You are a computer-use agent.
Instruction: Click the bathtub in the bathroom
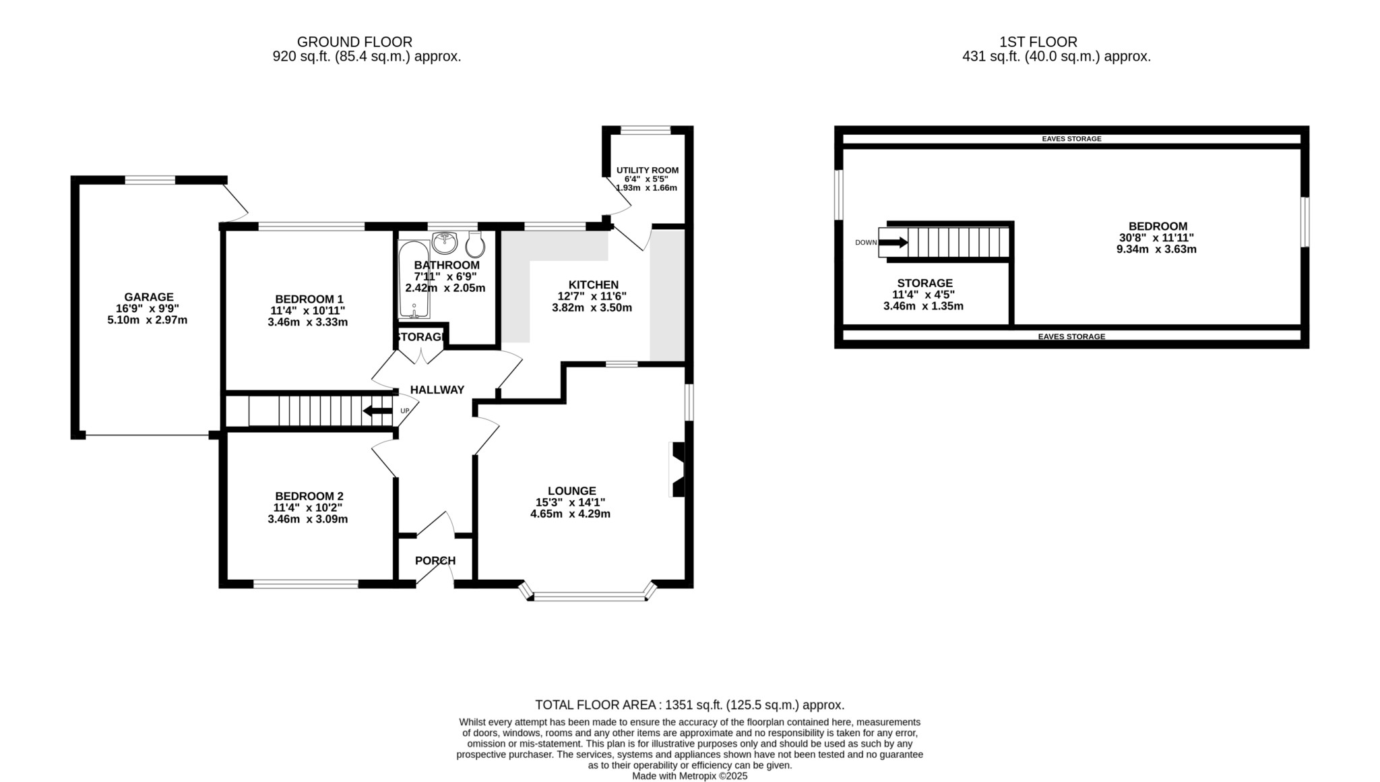coord(413,279)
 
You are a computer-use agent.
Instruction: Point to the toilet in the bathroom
coord(475,245)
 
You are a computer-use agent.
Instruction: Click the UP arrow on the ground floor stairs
coord(377,411)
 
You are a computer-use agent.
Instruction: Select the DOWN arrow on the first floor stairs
coord(893,243)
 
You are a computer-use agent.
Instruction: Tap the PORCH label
coord(435,561)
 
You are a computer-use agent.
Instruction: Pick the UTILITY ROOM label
coord(648,171)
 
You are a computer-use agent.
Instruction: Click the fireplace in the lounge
coord(678,469)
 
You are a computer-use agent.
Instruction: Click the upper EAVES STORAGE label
coord(1071,139)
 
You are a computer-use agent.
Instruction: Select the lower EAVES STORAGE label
coord(1071,336)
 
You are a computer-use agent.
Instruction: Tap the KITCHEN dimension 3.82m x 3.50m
coord(592,308)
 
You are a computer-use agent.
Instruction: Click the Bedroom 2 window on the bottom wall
coord(306,584)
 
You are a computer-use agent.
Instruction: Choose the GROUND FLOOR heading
coord(354,42)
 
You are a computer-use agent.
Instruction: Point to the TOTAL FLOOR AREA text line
coord(689,705)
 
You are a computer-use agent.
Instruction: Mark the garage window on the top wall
coord(150,180)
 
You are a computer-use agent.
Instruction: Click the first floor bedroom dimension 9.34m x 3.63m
coord(1156,249)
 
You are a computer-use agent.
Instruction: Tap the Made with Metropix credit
coord(690,776)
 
